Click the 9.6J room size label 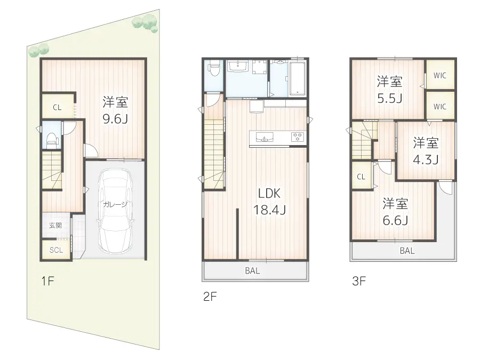[x=115, y=118]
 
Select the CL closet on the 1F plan [x=57, y=107]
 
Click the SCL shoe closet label [x=56, y=250]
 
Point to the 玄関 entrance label [x=55, y=226]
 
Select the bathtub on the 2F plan [x=297, y=79]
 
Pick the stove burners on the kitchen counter [x=297, y=137]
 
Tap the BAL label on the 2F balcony [x=252, y=271]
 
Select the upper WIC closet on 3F [x=439, y=75]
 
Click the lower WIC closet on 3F [x=439, y=107]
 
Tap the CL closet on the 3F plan [x=361, y=177]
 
